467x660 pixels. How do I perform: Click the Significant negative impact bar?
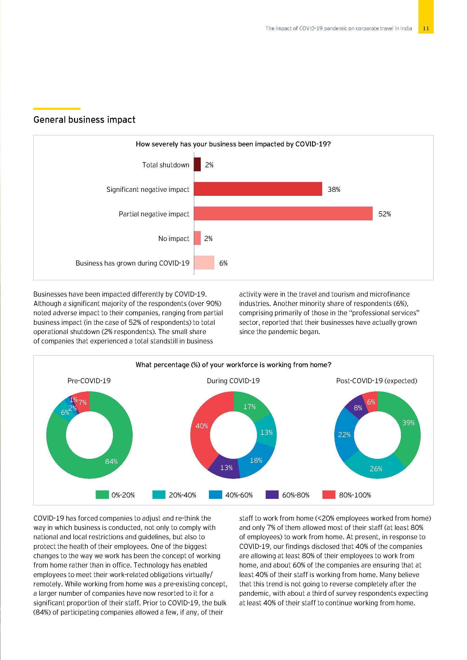258,189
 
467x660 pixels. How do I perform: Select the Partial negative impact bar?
283,213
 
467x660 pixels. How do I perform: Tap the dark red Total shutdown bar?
197,165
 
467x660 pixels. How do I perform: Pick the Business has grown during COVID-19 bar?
204,262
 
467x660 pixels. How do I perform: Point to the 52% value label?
385,214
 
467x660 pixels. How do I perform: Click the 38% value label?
333,189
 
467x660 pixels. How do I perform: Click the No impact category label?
174,239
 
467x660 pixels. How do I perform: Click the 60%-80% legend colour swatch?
272,495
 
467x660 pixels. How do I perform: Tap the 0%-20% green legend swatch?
102,495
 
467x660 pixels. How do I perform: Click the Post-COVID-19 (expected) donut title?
376,381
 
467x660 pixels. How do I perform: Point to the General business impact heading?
84,120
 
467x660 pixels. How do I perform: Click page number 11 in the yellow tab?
426,28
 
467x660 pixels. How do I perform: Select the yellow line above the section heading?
57,109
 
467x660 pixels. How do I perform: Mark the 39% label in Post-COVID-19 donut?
408,423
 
